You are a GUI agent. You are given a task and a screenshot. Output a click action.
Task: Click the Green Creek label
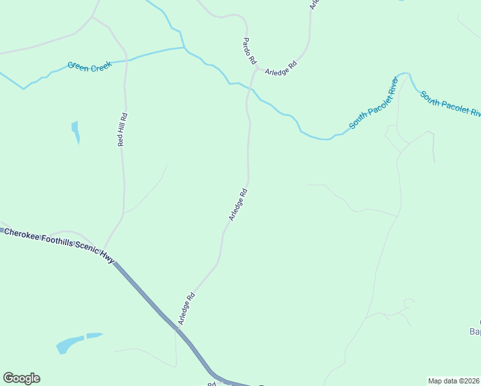coord(89,65)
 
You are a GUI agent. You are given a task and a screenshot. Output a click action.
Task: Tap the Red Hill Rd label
coord(122,130)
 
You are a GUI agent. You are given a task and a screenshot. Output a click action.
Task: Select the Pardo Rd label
coord(250,51)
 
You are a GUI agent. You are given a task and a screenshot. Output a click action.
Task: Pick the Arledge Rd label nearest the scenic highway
coord(186,309)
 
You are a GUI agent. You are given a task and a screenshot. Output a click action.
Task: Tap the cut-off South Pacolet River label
coord(451,104)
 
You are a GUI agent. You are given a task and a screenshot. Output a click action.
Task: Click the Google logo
coord(21,378)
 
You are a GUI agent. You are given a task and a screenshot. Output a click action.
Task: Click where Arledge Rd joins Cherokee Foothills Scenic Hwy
coord(176,328)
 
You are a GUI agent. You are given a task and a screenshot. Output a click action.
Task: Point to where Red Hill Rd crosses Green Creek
coord(125,60)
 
